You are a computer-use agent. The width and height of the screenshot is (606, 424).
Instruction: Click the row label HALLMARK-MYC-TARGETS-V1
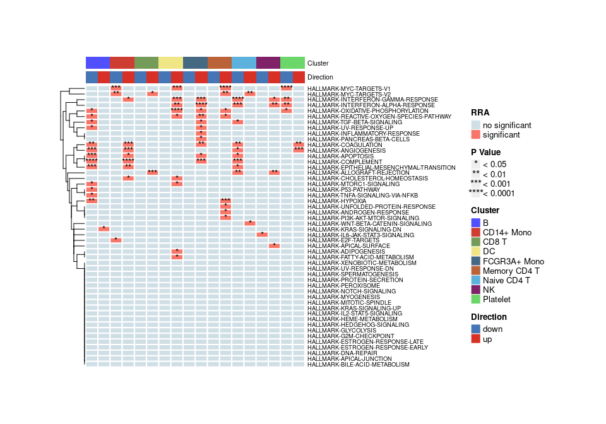coord(348,88)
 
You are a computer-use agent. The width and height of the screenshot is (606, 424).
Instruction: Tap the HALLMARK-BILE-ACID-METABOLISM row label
coord(358,365)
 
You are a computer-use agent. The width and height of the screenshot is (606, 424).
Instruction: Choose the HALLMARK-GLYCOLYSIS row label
coord(342,330)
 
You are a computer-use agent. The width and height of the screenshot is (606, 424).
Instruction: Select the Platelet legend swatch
coord(476,300)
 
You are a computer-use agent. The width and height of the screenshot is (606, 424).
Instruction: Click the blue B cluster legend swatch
coord(476,223)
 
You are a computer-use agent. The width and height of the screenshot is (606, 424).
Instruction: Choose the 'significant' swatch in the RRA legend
coord(476,135)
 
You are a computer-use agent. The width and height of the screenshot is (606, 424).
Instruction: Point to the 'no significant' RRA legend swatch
coord(476,124)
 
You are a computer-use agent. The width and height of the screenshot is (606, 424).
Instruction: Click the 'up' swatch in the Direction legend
coord(476,339)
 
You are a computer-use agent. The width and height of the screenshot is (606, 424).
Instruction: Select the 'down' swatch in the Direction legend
coord(476,329)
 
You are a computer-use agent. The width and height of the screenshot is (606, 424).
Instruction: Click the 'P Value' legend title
coord(486,152)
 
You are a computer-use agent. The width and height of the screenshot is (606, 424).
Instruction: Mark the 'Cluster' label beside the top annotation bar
coord(318,64)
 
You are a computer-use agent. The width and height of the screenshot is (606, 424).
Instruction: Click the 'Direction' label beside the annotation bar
coord(321,77)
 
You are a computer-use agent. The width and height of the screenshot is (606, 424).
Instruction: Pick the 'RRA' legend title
coord(480,112)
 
